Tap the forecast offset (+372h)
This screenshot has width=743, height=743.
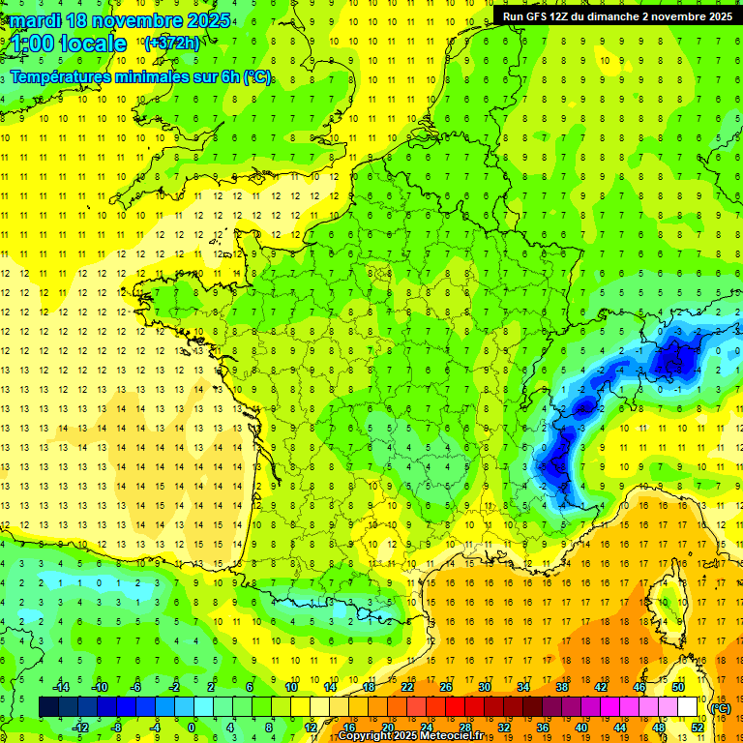click(171, 43)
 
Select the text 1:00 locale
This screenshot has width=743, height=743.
click(71, 44)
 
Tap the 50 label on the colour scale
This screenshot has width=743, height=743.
click(678, 687)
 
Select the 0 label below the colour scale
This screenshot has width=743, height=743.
click(191, 728)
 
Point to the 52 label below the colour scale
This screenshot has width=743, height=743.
click(698, 728)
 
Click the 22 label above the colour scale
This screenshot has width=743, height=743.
click(407, 687)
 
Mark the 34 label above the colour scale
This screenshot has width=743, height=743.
click(523, 687)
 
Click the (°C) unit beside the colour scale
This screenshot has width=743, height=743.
click(721, 708)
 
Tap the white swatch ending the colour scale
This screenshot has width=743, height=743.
click(688, 707)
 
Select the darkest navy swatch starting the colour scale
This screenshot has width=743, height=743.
click(48, 707)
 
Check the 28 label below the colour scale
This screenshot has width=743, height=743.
click(465, 728)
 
